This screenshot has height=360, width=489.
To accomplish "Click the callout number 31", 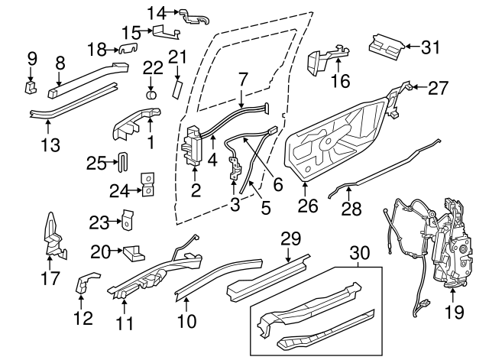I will (x=432, y=47).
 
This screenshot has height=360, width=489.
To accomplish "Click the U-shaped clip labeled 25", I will (x=122, y=164).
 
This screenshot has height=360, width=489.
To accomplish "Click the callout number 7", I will (x=242, y=78).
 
